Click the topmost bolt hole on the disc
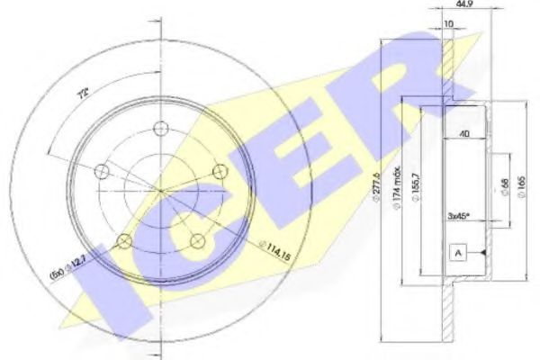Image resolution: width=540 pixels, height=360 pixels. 160,127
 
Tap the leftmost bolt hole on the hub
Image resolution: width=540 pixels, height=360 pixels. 102,168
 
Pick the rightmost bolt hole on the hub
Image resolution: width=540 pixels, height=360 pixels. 218,170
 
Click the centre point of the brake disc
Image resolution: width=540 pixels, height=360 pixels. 159,190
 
